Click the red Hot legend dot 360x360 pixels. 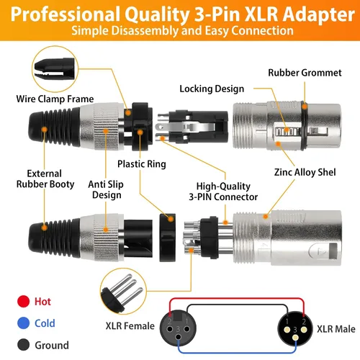23,301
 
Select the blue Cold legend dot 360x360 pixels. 23,323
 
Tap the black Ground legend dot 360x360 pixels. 23,345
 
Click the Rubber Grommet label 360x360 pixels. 305,73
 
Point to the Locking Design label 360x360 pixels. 212,89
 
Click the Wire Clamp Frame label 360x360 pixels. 55,99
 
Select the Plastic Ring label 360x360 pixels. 142,164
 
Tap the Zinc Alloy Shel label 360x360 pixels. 305,172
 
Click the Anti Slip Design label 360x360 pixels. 106,189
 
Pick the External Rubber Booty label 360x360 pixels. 45,179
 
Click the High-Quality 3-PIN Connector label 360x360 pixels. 223,192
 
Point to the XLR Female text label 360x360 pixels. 130,326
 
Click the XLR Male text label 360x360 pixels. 336,329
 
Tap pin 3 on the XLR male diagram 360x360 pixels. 295,338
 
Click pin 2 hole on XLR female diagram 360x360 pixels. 170,329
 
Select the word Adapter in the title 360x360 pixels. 318,14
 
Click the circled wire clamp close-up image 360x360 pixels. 55,69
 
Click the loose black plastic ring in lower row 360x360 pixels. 168,238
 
